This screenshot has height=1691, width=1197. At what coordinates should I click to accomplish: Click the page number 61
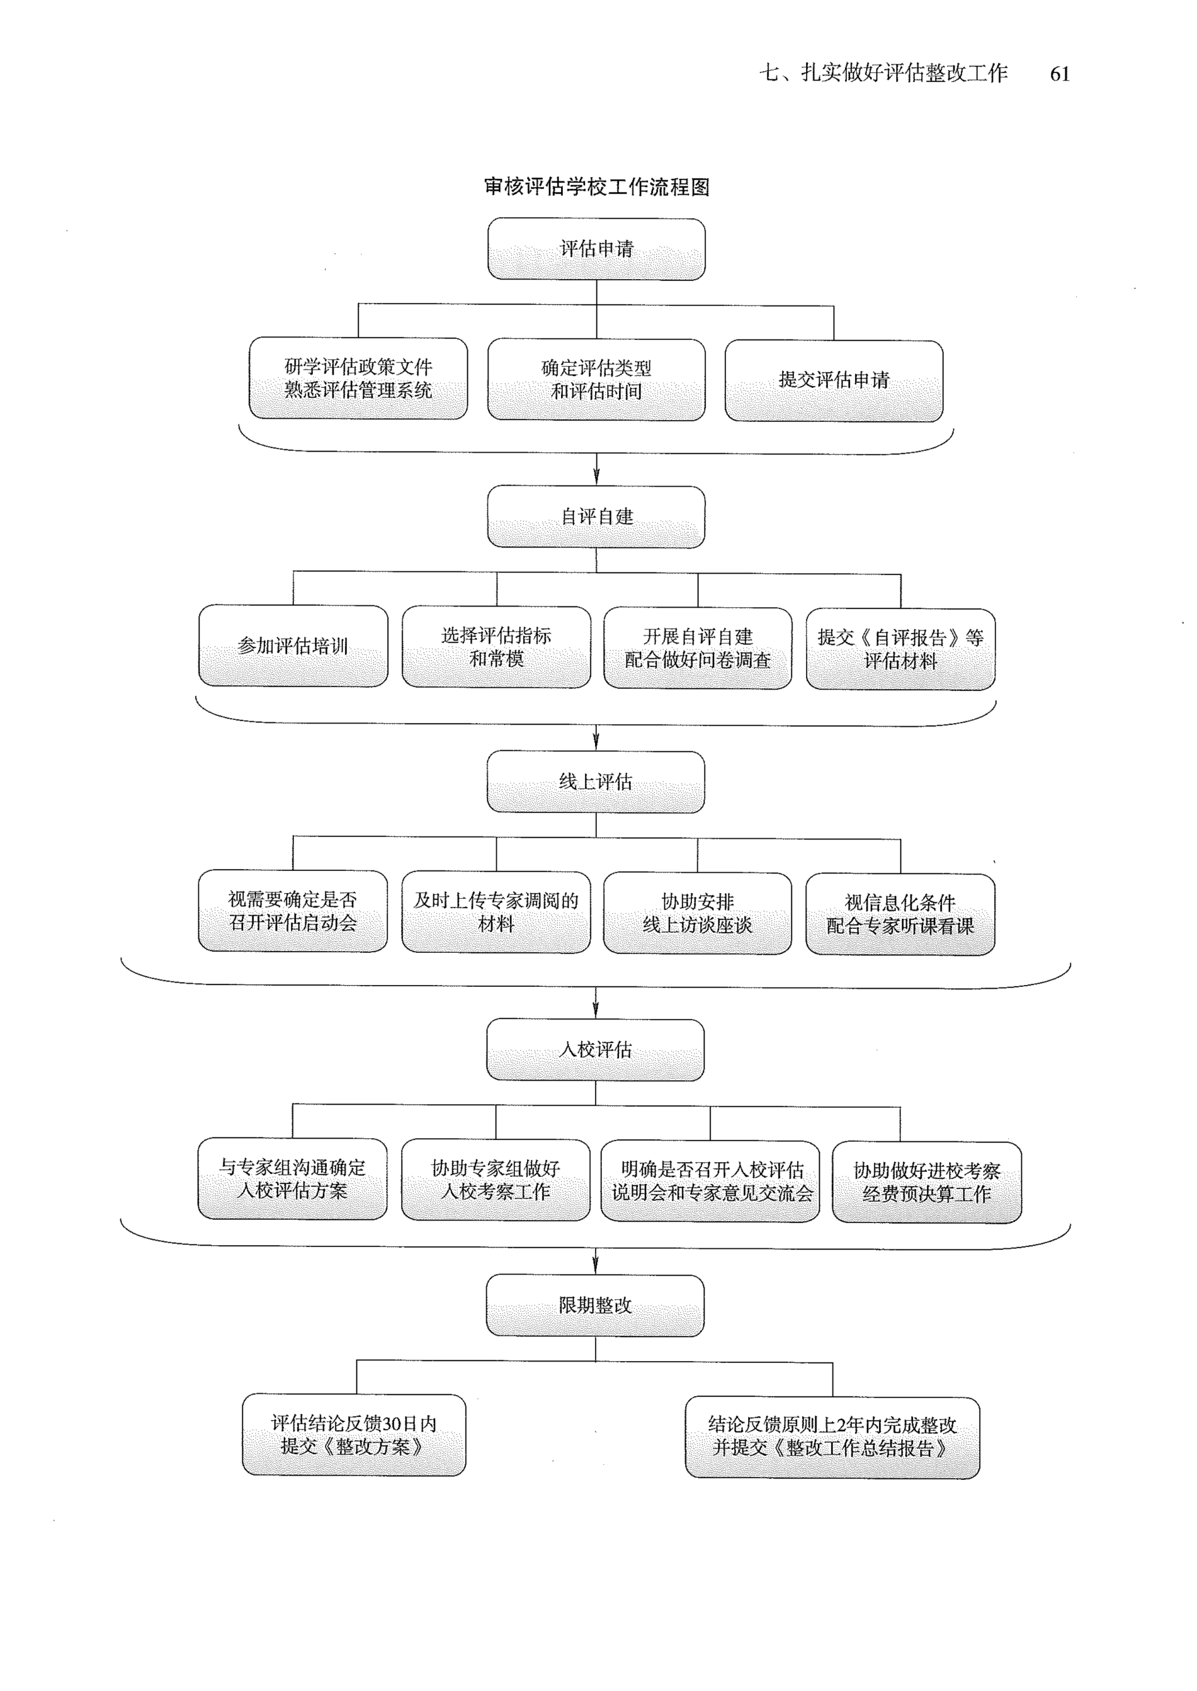1059,74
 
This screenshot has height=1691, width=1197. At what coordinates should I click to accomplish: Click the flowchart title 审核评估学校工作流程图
596,187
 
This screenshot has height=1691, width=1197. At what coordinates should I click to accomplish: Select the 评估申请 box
596,249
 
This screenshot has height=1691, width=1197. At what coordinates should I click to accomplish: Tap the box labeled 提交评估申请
833,381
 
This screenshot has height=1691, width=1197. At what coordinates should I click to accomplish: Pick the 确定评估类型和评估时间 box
596,380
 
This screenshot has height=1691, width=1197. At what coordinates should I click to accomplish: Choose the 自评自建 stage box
596,516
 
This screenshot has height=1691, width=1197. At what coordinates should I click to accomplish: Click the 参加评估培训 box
293,646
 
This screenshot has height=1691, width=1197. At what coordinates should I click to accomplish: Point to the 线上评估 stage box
596,781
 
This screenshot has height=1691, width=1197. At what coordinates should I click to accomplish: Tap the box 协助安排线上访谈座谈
697,913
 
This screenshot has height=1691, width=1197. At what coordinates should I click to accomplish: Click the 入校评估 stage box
596,1049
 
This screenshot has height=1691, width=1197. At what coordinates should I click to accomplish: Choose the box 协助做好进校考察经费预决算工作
926,1182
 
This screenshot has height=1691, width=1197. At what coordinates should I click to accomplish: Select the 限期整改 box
596,1306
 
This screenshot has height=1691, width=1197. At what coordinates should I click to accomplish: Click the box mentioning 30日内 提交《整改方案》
354,1434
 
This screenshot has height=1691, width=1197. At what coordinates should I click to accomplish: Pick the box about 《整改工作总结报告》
833,1437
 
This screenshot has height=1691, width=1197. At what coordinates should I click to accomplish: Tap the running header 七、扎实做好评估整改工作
884,73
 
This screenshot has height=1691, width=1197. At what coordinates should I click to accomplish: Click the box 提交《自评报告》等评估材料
901,649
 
